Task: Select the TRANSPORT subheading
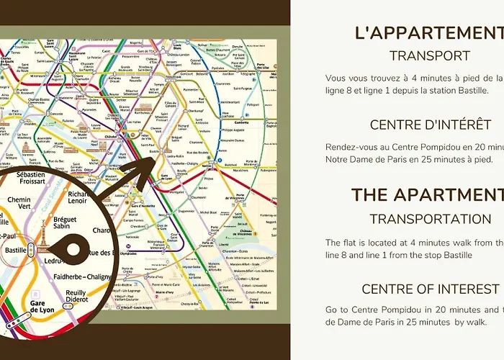click(x=430, y=55)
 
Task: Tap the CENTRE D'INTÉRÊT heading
click(x=431, y=125)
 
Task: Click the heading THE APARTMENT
click(x=430, y=195)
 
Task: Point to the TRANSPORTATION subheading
click(x=431, y=218)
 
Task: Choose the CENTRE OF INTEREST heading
click(x=431, y=289)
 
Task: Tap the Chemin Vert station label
click(x=19, y=204)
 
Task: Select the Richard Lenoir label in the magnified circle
click(x=77, y=198)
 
